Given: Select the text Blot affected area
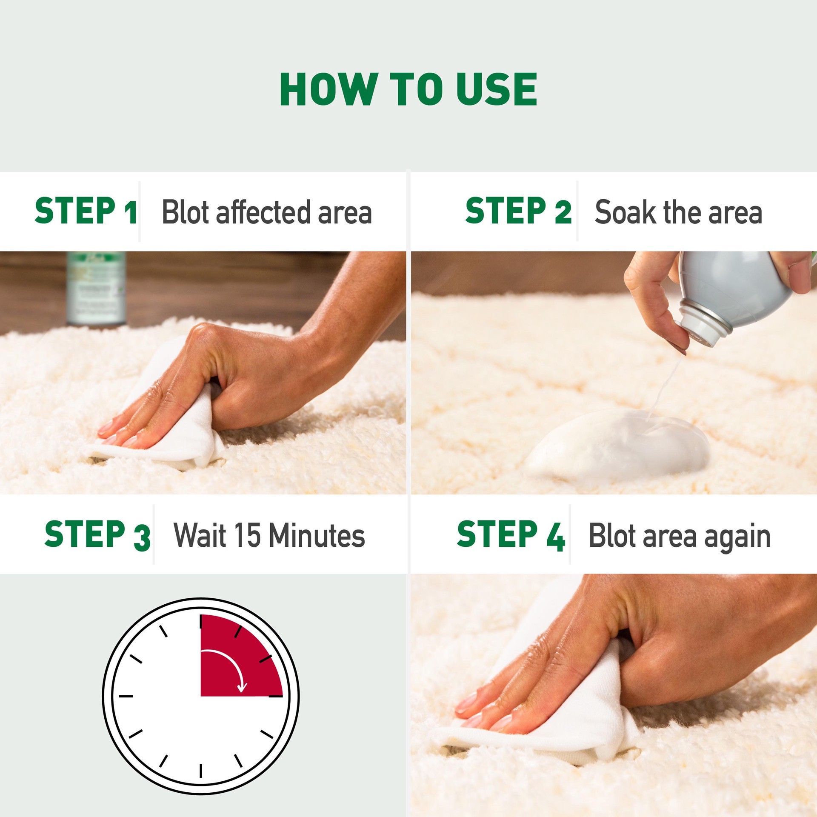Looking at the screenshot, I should (x=267, y=212).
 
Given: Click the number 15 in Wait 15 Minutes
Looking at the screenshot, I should (x=247, y=535).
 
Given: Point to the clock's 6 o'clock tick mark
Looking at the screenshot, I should (x=201, y=771).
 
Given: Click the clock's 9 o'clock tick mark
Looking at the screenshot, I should (x=126, y=696).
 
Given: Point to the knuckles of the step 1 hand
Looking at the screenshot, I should (x=204, y=336).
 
